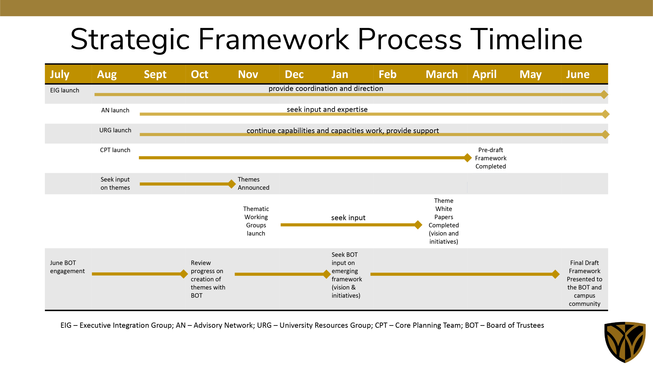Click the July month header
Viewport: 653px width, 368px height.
tap(60, 74)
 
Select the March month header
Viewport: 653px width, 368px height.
tap(442, 74)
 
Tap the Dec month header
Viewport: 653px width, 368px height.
tap(294, 74)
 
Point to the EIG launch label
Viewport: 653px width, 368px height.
tap(64, 90)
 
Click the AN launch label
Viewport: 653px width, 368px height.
tap(115, 110)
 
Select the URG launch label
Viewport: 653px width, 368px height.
tap(115, 130)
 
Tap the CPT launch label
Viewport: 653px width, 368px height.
tap(115, 150)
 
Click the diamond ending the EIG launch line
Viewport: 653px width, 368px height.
tap(604, 95)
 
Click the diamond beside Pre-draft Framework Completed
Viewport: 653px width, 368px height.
tap(467, 158)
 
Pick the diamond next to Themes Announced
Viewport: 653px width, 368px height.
tap(232, 184)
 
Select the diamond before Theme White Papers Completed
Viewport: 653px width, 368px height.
tap(418, 225)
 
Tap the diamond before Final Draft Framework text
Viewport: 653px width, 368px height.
tap(555, 274)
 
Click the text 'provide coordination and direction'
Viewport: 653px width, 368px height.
tap(326, 88)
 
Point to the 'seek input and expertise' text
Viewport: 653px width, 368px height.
tap(327, 110)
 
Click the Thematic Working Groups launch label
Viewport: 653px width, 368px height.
tap(256, 221)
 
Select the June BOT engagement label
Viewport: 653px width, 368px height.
tap(67, 267)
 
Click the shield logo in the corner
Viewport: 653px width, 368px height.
tap(625, 342)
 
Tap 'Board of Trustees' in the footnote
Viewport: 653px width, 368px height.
tap(515, 325)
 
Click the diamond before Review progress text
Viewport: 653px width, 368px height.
tap(184, 274)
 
